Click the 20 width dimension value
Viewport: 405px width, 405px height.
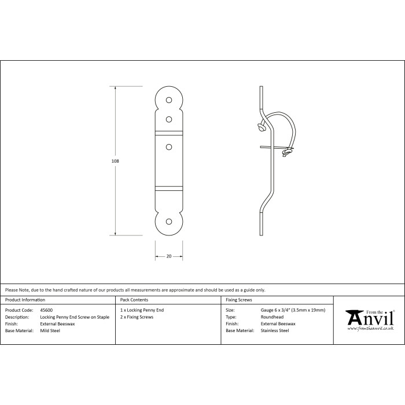[169, 256]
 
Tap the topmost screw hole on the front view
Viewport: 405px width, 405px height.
[169, 100]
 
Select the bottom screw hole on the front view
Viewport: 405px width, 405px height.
[169, 222]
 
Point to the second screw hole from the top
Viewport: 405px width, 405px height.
[169, 119]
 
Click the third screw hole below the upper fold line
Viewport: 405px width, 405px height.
[169, 148]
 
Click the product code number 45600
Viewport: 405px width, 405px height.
[46, 310]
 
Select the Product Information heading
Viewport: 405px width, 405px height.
[25, 300]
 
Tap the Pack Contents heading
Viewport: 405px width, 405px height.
[134, 300]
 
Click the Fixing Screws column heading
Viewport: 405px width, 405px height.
[240, 300]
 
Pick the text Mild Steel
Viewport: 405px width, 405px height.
[50, 330]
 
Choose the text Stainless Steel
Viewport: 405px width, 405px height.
[275, 330]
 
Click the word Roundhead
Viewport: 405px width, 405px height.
[271, 317]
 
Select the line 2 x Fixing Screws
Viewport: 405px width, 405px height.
[136, 317]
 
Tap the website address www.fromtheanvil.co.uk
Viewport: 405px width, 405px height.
[370, 329]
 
